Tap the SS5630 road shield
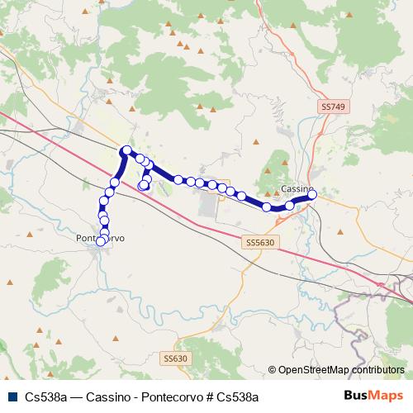259,243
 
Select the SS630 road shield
175,358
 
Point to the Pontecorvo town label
99,238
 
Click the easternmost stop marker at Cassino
312,194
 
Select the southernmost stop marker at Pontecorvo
101,241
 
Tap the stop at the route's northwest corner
126,150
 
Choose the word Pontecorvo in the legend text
166,396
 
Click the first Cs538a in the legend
47,396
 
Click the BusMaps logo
373,396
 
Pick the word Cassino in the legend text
107,396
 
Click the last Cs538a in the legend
235,396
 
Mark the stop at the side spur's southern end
143,186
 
